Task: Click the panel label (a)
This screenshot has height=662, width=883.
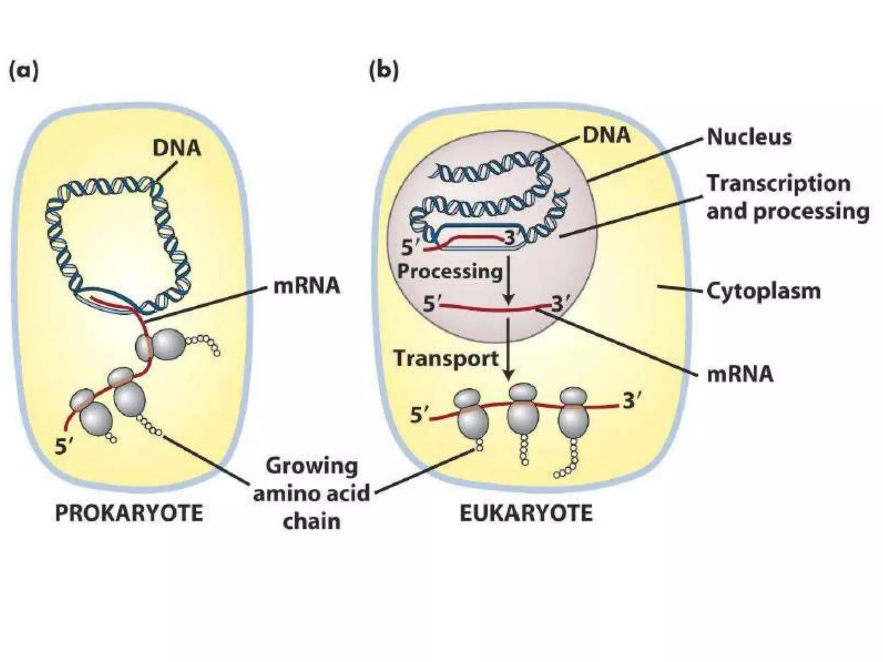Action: [24, 72]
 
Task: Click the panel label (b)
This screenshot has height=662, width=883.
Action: [384, 72]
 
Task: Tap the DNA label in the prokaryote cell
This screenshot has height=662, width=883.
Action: [177, 148]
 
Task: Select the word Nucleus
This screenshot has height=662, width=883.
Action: [749, 137]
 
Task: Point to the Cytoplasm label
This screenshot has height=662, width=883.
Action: [763, 291]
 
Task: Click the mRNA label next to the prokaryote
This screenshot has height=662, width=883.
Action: [307, 286]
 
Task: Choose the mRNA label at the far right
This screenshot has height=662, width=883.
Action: [740, 374]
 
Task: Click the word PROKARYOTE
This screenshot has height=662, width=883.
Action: [129, 513]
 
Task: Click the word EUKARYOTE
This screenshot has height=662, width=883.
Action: [526, 513]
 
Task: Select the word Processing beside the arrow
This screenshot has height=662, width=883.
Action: [450, 272]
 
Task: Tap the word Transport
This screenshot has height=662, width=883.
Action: [446, 359]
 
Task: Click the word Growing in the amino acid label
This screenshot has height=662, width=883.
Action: [312, 467]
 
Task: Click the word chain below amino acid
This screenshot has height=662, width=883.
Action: [311, 521]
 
